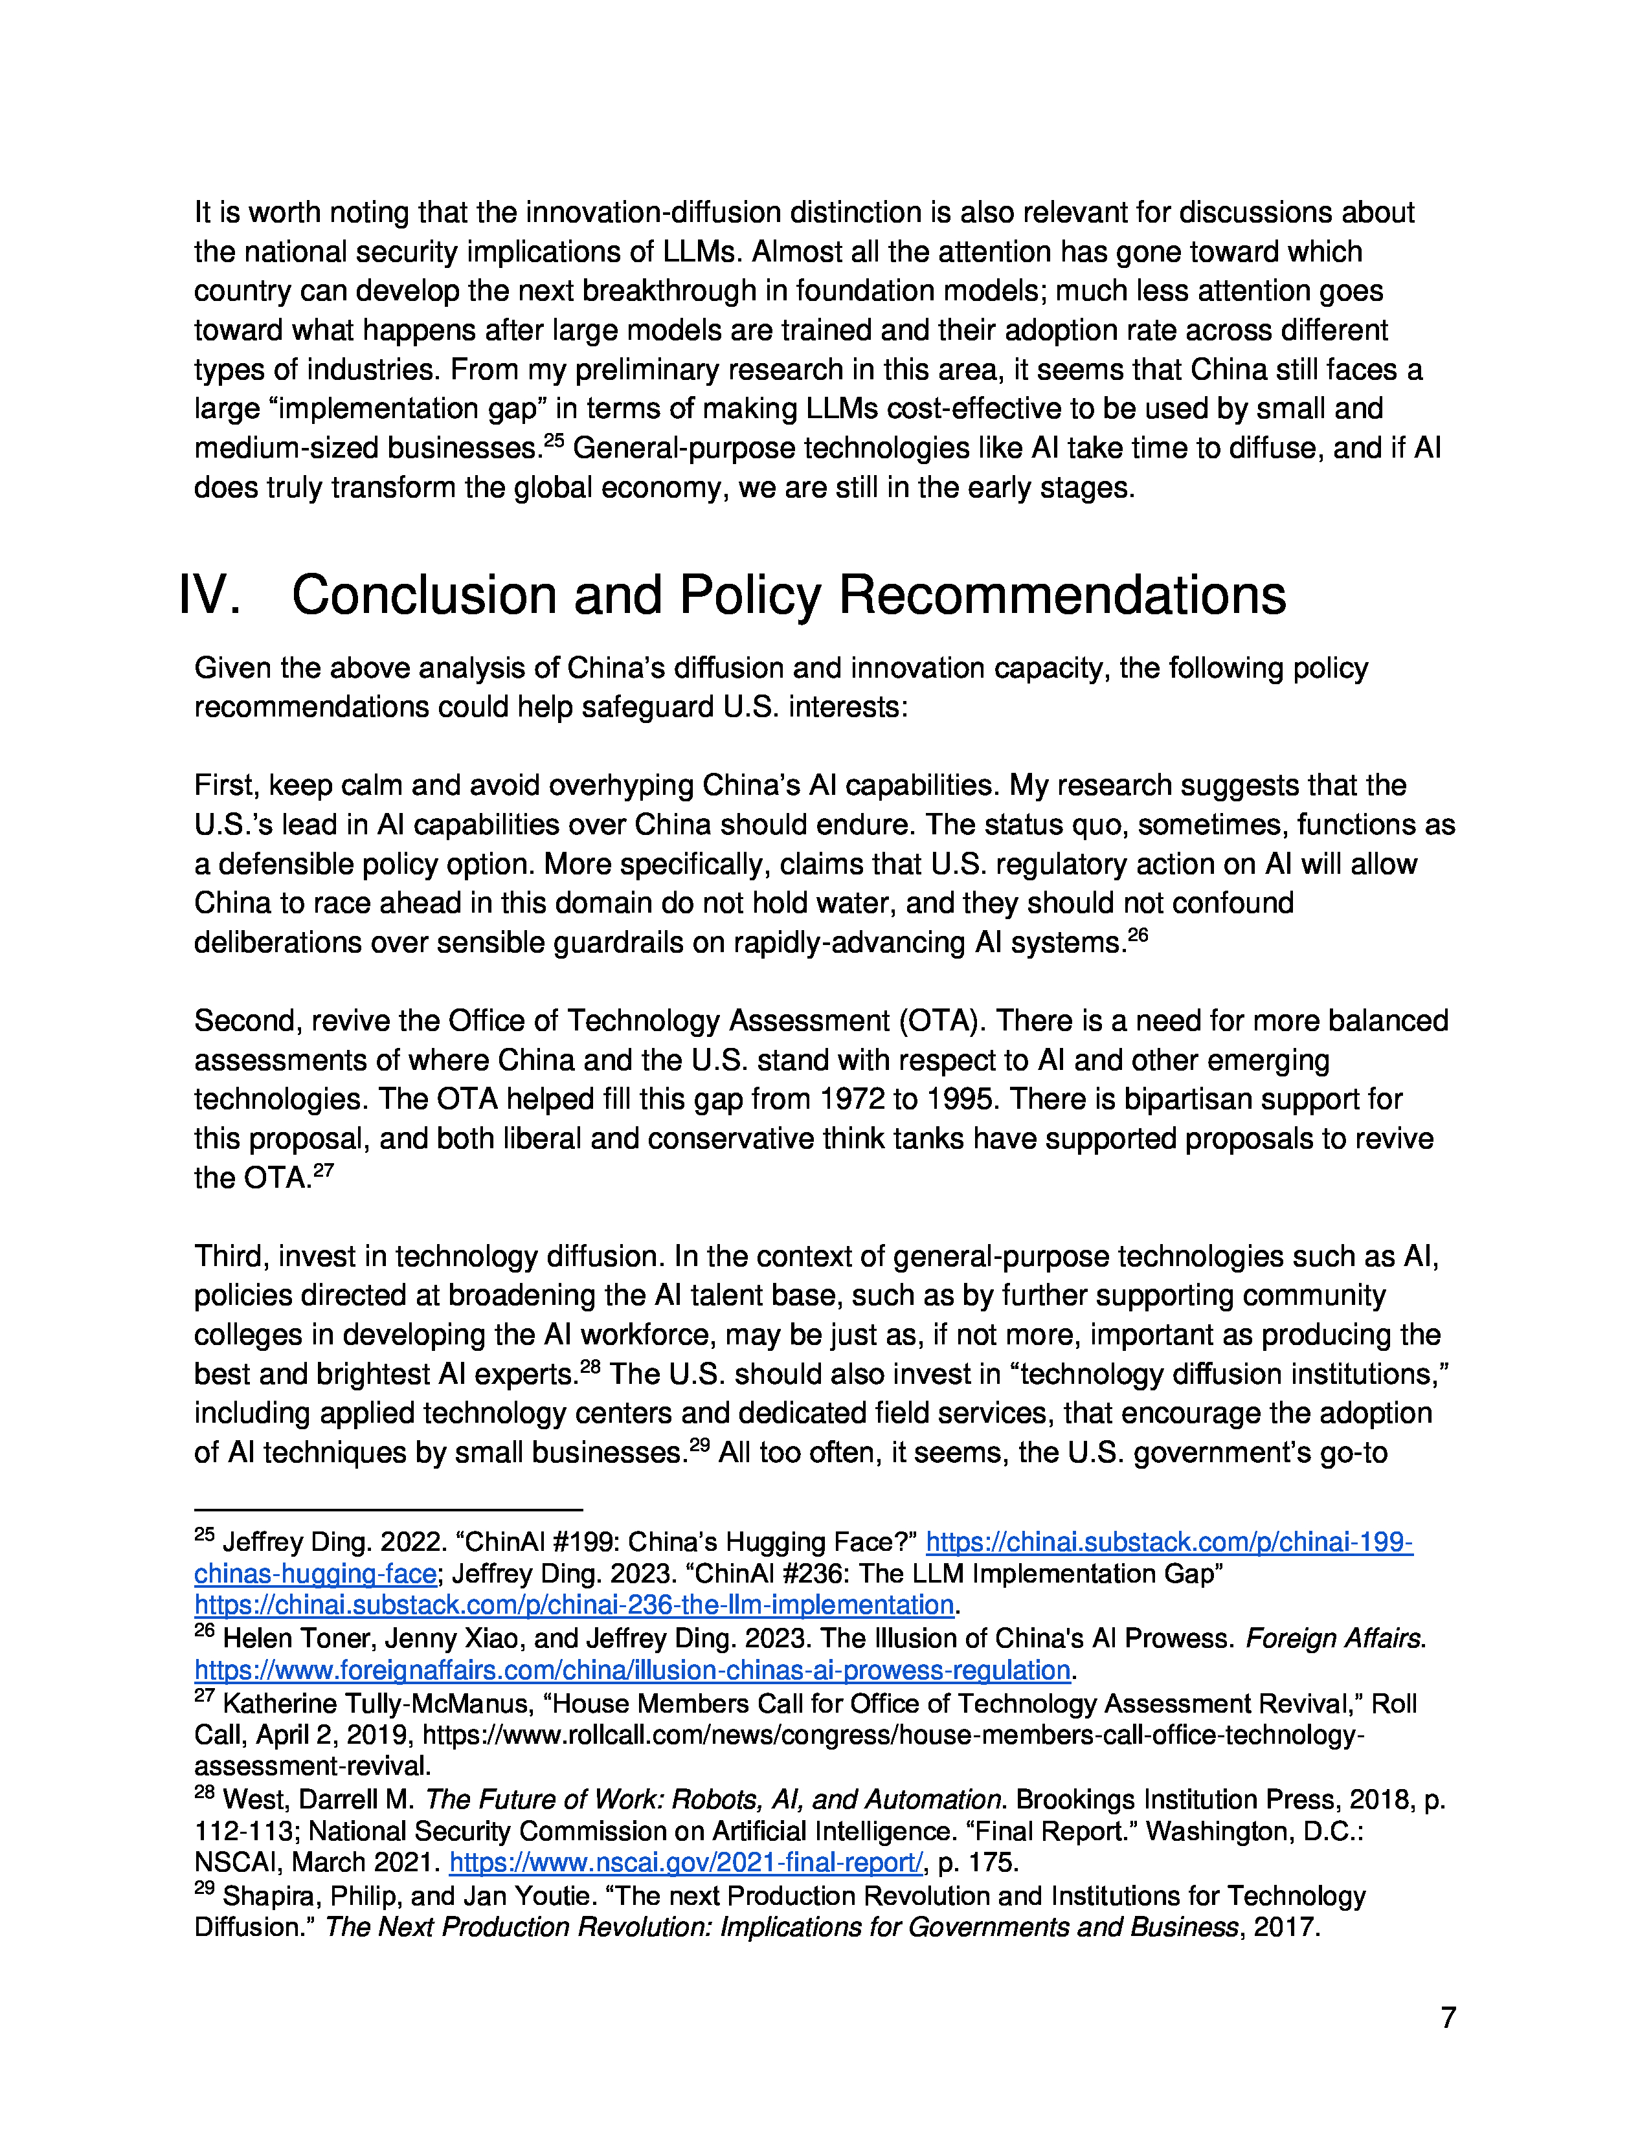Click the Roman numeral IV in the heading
tap(209, 595)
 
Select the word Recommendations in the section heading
tap(1062, 595)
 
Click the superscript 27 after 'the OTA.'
tap(323, 1170)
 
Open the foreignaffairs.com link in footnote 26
tap(633, 1669)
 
